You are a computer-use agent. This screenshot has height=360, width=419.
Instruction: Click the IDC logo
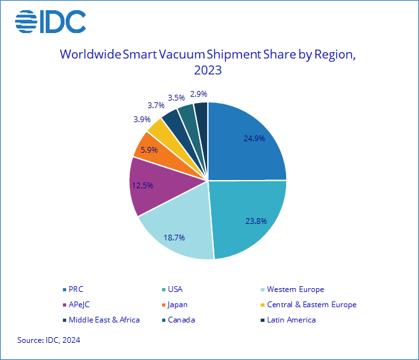pyautogui.click(x=50, y=22)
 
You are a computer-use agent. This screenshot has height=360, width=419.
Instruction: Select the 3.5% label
pyautogui.click(x=176, y=97)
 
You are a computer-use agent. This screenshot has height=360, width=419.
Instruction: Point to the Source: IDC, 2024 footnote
pyautogui.click(x=49, y=340)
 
